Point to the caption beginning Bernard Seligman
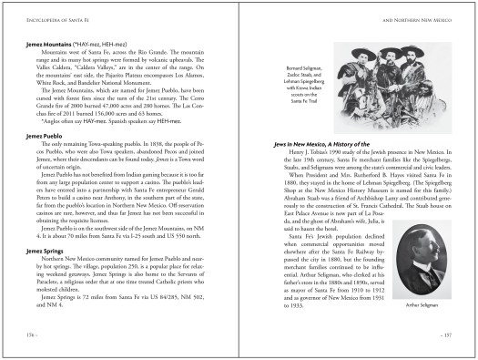pyautogui.click(x=309, y=70)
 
